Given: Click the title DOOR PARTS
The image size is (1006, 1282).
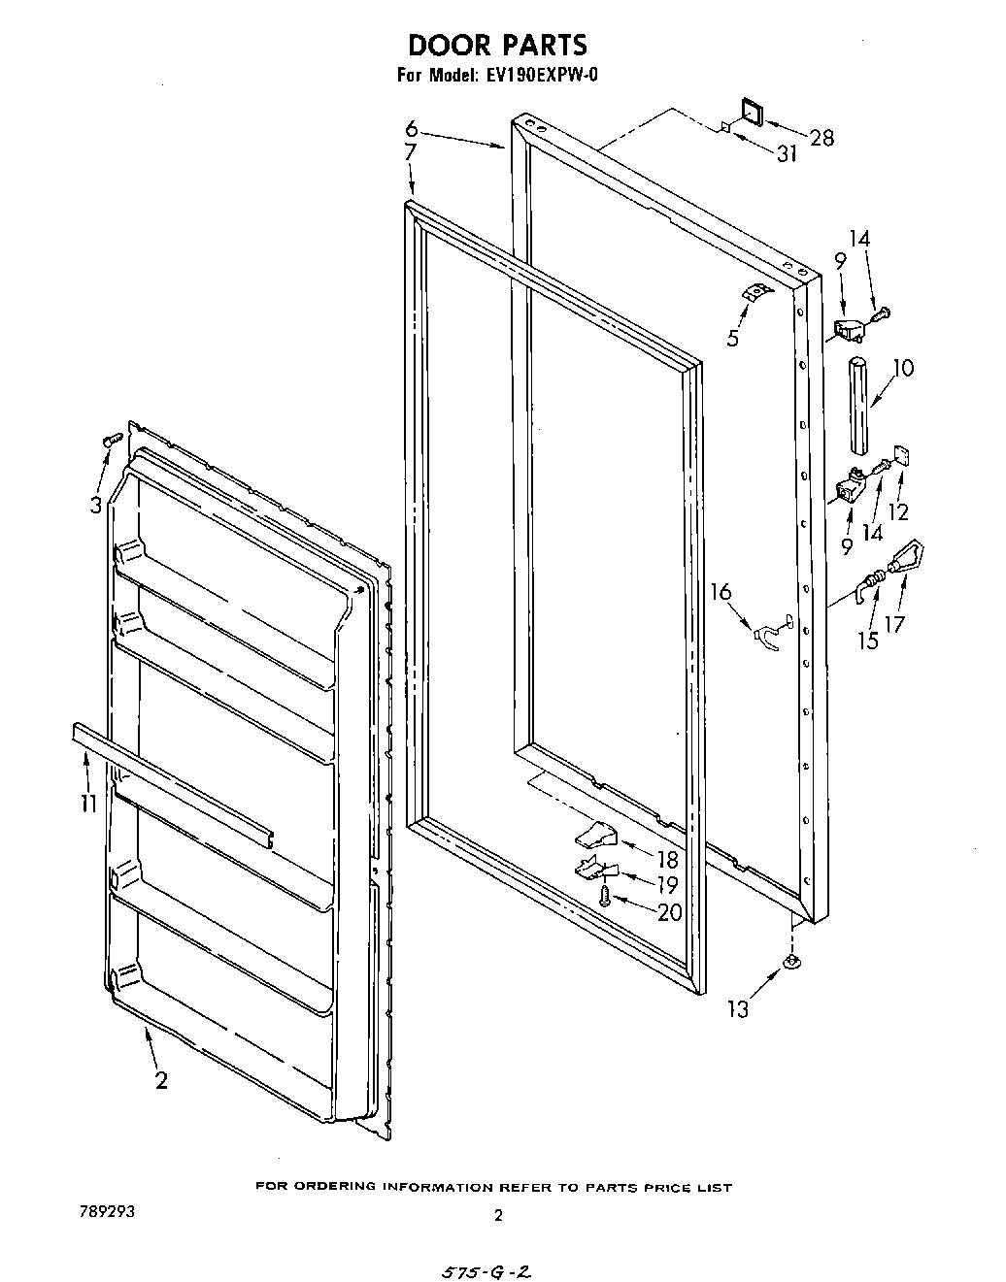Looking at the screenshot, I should click(497, 45).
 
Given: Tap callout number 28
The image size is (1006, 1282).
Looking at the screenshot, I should click(821, 138).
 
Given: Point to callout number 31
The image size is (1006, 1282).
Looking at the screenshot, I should click(786, 152).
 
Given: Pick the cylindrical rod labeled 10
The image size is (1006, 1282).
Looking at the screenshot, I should click(857, 406).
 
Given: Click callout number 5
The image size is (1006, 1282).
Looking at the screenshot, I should click(732, 338).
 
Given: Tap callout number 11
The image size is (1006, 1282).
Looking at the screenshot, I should click(88, 803).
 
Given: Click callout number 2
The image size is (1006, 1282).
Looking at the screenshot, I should click(161, 1079).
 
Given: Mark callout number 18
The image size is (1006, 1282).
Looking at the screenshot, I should click(667, 859).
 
